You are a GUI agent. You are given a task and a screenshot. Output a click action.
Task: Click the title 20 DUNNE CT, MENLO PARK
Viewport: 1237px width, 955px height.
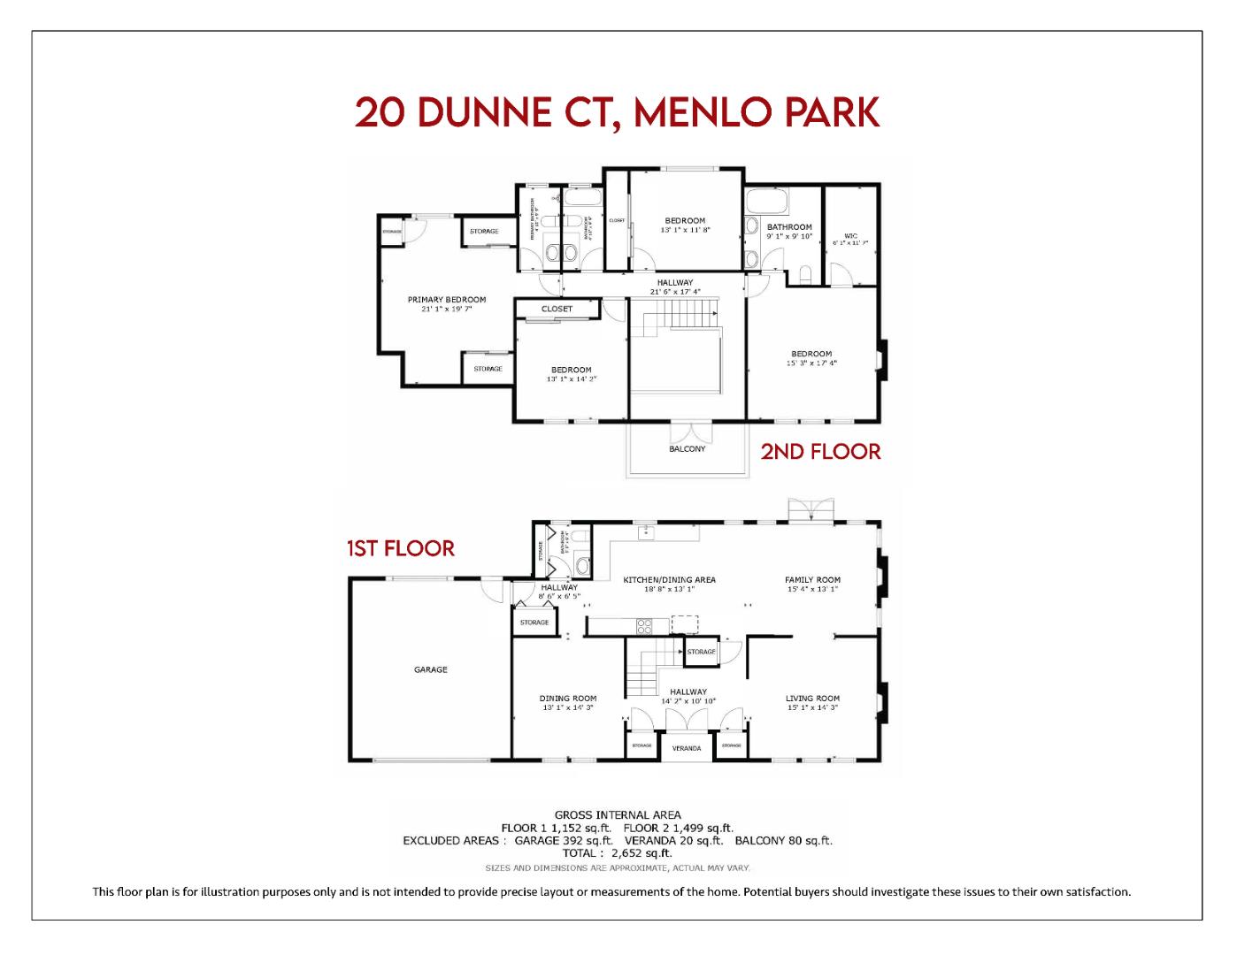pos(618,113)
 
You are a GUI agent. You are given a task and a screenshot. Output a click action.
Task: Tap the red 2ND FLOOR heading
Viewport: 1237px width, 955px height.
pos(820,452)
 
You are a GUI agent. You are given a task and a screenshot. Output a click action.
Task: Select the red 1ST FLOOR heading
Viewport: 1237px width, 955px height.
pos(401,549)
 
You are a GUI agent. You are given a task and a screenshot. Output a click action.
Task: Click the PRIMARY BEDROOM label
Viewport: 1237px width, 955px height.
pos(447,300)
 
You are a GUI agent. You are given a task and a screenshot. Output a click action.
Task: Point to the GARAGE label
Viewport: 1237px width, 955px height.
pos(431,670)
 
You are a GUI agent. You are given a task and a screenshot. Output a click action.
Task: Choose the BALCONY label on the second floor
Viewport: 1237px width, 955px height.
pos(688,449)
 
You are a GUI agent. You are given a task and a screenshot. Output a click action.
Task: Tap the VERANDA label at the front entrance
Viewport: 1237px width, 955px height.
pos(687,748)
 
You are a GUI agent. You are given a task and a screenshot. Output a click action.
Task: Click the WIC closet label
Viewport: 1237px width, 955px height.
pos(850,236)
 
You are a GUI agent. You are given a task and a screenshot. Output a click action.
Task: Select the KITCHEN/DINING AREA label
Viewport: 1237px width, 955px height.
pos(670,580)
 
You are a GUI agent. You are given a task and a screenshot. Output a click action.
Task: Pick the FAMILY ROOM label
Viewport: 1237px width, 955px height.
pos(812,580)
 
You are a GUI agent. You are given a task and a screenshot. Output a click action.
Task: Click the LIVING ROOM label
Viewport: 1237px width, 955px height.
pos(812,699)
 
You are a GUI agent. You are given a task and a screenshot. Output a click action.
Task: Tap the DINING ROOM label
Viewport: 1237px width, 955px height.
pos(568,699)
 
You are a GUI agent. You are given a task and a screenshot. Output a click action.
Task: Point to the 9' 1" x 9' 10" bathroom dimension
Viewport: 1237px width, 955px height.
pos(789,236)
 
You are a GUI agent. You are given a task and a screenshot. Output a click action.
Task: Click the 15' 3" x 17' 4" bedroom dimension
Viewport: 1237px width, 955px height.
pos(811,363)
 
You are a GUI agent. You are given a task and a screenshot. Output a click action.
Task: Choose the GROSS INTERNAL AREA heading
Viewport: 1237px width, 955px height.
pos(618,815)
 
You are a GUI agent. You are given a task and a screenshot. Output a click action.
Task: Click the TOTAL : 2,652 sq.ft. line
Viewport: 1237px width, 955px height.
pos(618,853)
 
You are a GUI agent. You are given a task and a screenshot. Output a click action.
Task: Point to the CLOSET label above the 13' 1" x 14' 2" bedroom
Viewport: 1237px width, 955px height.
pos(557,309)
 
